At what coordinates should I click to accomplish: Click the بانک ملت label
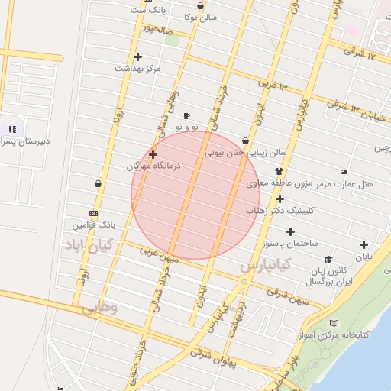click(147, 11)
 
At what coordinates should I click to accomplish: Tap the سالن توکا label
click(202, 16)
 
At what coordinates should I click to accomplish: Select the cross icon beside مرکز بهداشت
click(137, 57)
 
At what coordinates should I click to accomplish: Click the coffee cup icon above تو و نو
click(186, 115)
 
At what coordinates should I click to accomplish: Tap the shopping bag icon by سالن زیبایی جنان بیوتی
click(245, 141)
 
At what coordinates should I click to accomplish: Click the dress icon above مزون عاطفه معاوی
click(279, 171)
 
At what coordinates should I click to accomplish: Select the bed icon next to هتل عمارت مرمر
click(344, 173)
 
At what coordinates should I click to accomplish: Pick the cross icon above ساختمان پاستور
click(290, 231)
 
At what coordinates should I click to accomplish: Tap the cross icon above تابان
click(364, 245)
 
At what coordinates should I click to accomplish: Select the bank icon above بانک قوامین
click(93, 214)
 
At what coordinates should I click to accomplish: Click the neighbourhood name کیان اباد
click(88, 245)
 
